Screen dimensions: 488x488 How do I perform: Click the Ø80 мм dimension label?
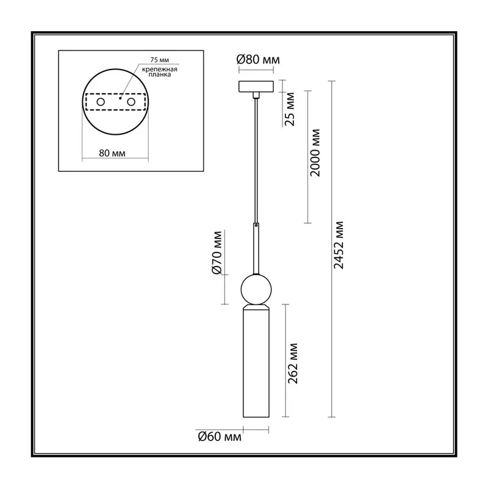[258, 59]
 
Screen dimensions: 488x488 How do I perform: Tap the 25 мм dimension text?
[290, 109]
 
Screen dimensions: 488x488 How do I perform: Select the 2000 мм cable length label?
[315, 153]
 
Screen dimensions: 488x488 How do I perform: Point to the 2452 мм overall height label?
[339, 245]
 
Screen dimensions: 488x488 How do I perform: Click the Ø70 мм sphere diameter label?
[217, 253]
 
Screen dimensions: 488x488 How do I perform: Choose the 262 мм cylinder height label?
[293, 363]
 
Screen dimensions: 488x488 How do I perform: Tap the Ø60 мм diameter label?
[220, 437]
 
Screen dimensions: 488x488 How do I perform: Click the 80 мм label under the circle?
[112, 153]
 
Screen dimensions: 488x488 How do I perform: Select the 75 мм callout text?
[160, 60]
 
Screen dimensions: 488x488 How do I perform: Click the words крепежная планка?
[160, 72]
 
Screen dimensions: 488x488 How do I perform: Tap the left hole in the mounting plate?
[101, 102]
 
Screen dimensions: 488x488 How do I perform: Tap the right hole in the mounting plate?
[131, 102]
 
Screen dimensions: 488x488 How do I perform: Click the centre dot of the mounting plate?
[120, 98]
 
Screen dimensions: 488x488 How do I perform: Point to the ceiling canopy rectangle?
[256, 87]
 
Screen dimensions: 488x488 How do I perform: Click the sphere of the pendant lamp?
[256, 290]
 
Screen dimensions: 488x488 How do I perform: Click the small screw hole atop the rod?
[256, 224]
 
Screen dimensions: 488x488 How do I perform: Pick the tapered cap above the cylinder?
[256, 307]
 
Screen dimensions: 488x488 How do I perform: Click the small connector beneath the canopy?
[256, 95]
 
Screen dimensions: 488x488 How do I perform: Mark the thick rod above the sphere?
[256, 249]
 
